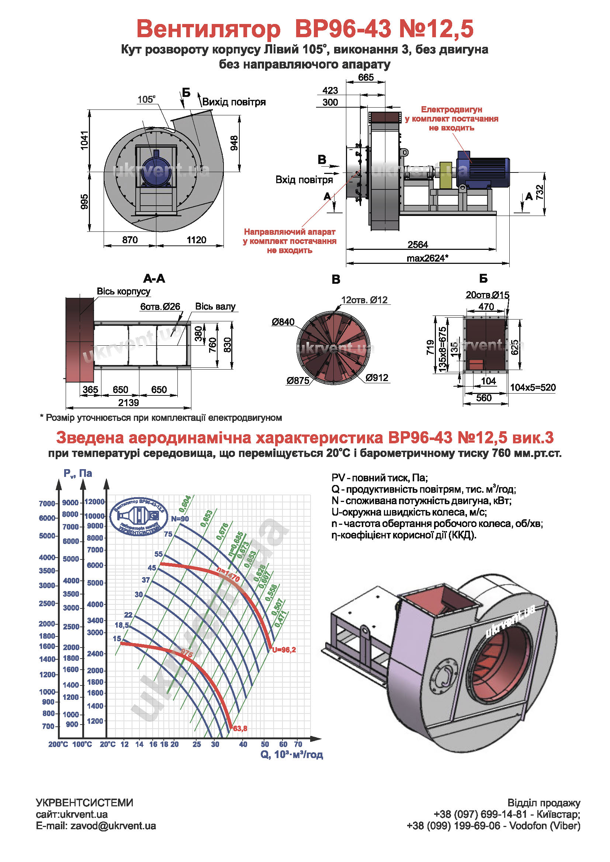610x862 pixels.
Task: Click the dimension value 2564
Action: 418,245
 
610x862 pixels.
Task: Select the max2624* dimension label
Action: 427,258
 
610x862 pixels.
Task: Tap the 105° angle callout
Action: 146,100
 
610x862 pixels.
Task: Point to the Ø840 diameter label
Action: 283,322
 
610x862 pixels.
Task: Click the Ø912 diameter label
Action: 377,378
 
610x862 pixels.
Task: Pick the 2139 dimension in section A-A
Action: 128,403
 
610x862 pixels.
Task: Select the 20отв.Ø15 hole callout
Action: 488,295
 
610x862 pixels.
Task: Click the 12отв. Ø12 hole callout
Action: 364,300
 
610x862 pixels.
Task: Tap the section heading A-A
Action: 154,279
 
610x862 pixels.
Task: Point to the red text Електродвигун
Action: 451,109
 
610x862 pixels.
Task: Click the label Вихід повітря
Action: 234,102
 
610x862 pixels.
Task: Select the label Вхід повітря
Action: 304,180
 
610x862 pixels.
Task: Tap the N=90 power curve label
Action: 180,519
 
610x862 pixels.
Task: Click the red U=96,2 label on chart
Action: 284,649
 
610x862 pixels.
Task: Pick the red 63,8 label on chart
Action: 240,729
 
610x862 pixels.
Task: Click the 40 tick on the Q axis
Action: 243,744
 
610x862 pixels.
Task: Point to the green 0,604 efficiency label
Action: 185,504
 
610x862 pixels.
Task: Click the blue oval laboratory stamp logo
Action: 139,517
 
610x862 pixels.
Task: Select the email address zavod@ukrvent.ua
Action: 113,826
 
